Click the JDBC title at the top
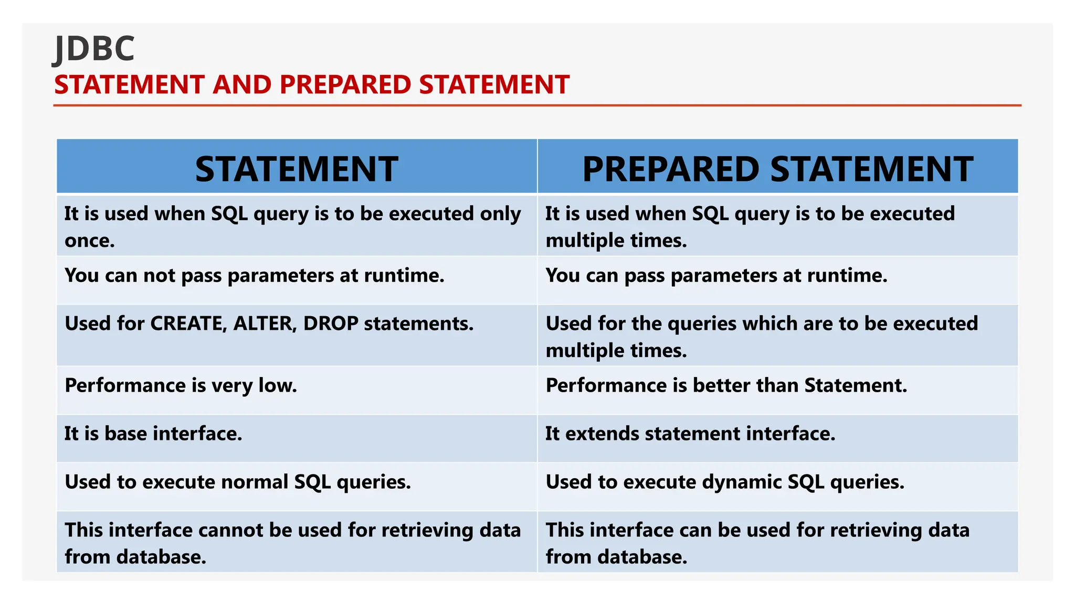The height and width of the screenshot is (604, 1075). [94, 49]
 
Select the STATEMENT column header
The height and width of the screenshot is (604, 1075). [297, 169]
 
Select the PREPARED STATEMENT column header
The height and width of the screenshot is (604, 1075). [777, 169]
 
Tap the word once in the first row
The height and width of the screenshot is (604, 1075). [89, 241]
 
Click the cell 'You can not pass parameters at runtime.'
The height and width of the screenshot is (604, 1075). [255, 276]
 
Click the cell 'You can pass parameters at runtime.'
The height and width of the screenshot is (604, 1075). [716, 276]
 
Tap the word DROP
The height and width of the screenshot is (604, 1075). [331, 323]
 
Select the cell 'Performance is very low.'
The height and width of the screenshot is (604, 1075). [181, 386]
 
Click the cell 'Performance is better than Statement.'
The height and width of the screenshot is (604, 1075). [726, 386]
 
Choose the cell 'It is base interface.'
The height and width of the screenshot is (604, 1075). [153, 434]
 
